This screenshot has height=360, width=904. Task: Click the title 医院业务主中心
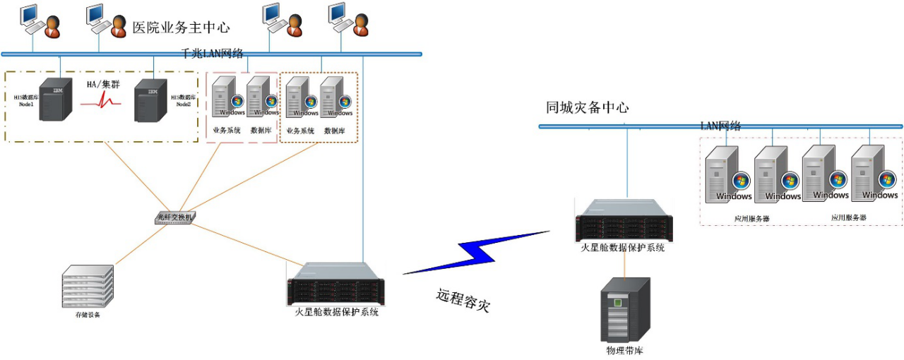click(182, 28)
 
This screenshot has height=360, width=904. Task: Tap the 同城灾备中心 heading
click(587, 107)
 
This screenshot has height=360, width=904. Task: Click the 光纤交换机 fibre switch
click(175, 217)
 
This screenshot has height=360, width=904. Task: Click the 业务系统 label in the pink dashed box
click(227, 130)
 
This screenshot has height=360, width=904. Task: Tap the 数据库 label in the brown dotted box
click(335, 131)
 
